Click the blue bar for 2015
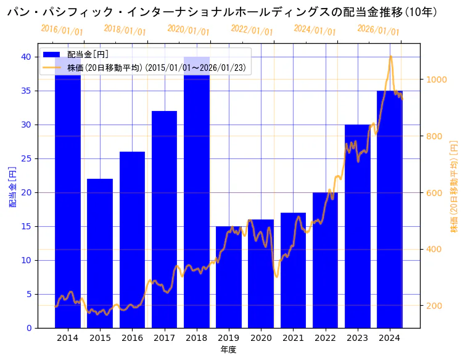(x=100, y=253)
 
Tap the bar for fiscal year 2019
(x=229, y=277)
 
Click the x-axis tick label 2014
(x=68, y=338)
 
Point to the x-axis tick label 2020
(x=261, y=338)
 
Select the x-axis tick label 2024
(x=390, y=338)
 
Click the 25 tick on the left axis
(x=27, y=158)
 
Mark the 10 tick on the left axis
(x=27, y=260)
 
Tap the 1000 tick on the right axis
(x=435, y=80)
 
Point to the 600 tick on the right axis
(x=433, y=193)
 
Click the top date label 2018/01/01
(x=125, y=30)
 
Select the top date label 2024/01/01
(x=315, y=30)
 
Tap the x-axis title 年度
(x=228, y=350)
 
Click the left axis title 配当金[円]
(x=13, y=186)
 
